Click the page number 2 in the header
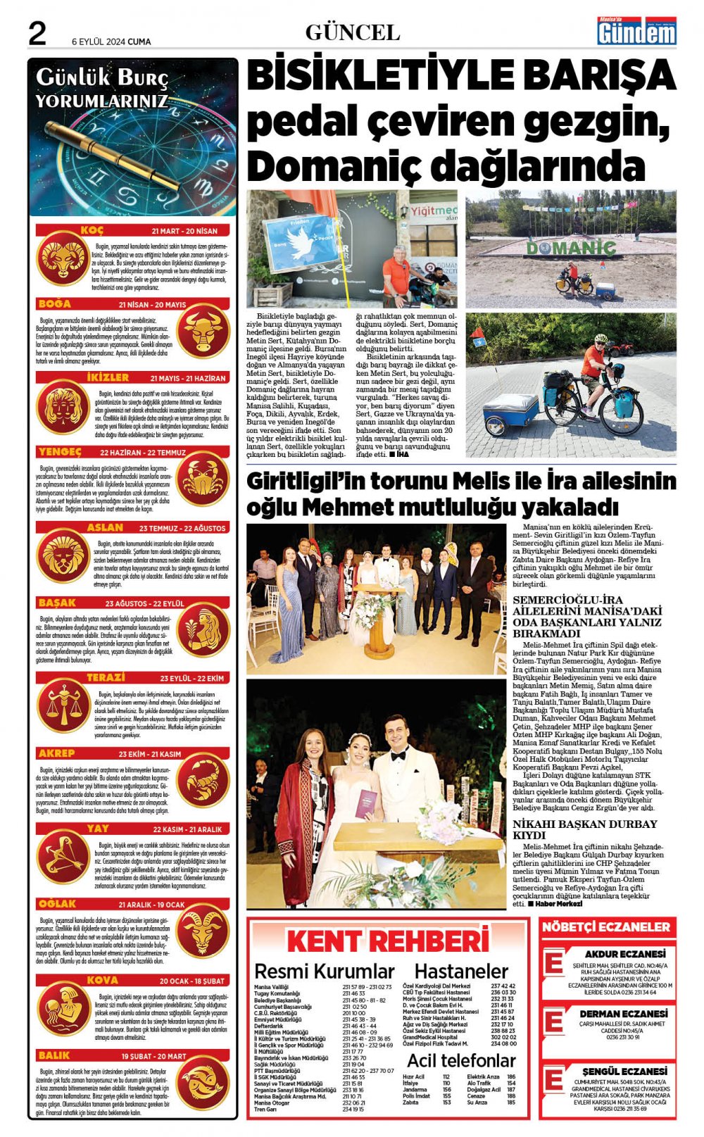[x=37, y=33]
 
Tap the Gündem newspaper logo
[x=636, y=31]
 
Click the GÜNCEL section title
[x=352, y=32]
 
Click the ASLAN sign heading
[x=105, y=527]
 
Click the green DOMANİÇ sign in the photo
[x=571, y=248]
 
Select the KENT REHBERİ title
[x=388, y=941]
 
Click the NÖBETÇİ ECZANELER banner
[x=605, y=927]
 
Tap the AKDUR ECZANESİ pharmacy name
[x=620, y=954]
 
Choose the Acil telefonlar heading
[x=461, y=1060]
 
